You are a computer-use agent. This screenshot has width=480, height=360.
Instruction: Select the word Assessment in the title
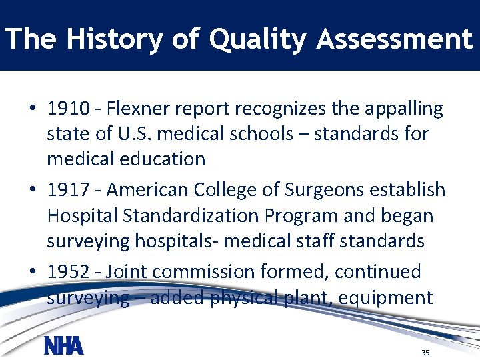pyautogui.click(x=395, y=39)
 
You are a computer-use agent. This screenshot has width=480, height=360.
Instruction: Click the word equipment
pyautogui.click(x=386, y=297)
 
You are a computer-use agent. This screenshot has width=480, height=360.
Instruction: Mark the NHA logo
pyautogui.click(x=63, y=346)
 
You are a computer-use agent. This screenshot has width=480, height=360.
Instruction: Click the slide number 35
pyautogui.click(x=425, y=352)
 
